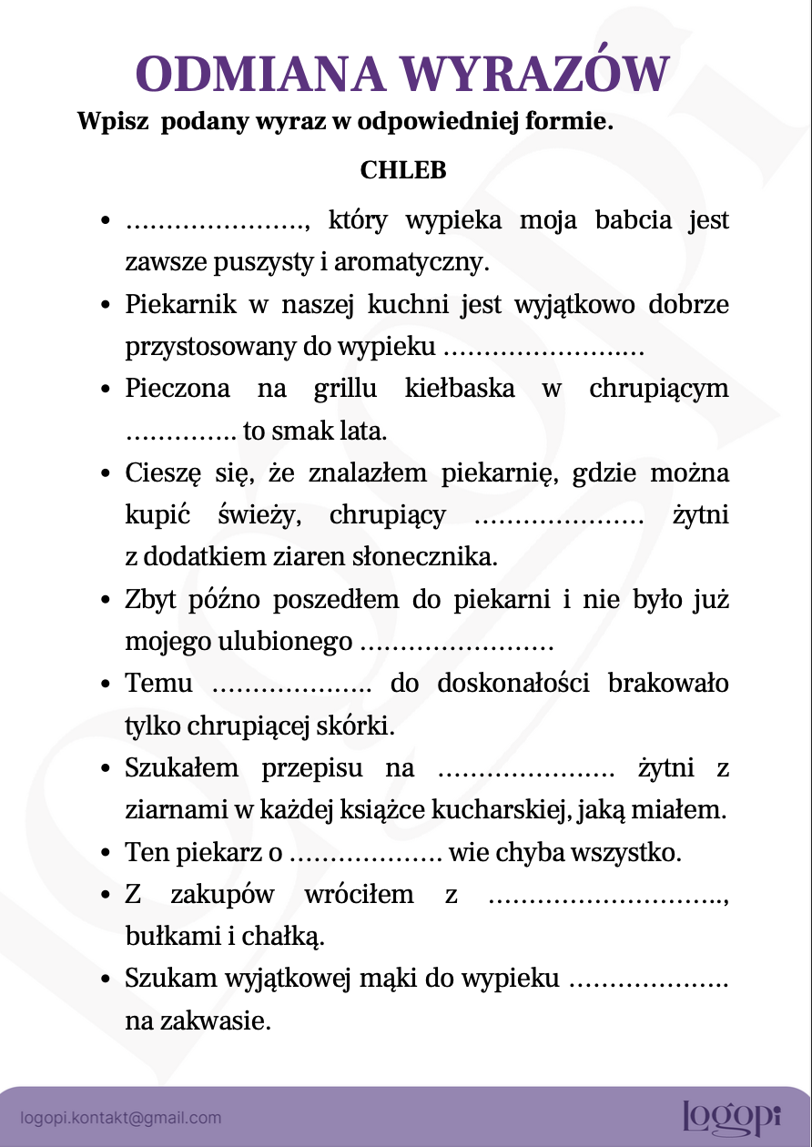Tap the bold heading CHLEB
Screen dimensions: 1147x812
coord(403,170)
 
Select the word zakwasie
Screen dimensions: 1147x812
coord(228,1021)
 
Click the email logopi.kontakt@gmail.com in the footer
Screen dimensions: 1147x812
coord(121,1118)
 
